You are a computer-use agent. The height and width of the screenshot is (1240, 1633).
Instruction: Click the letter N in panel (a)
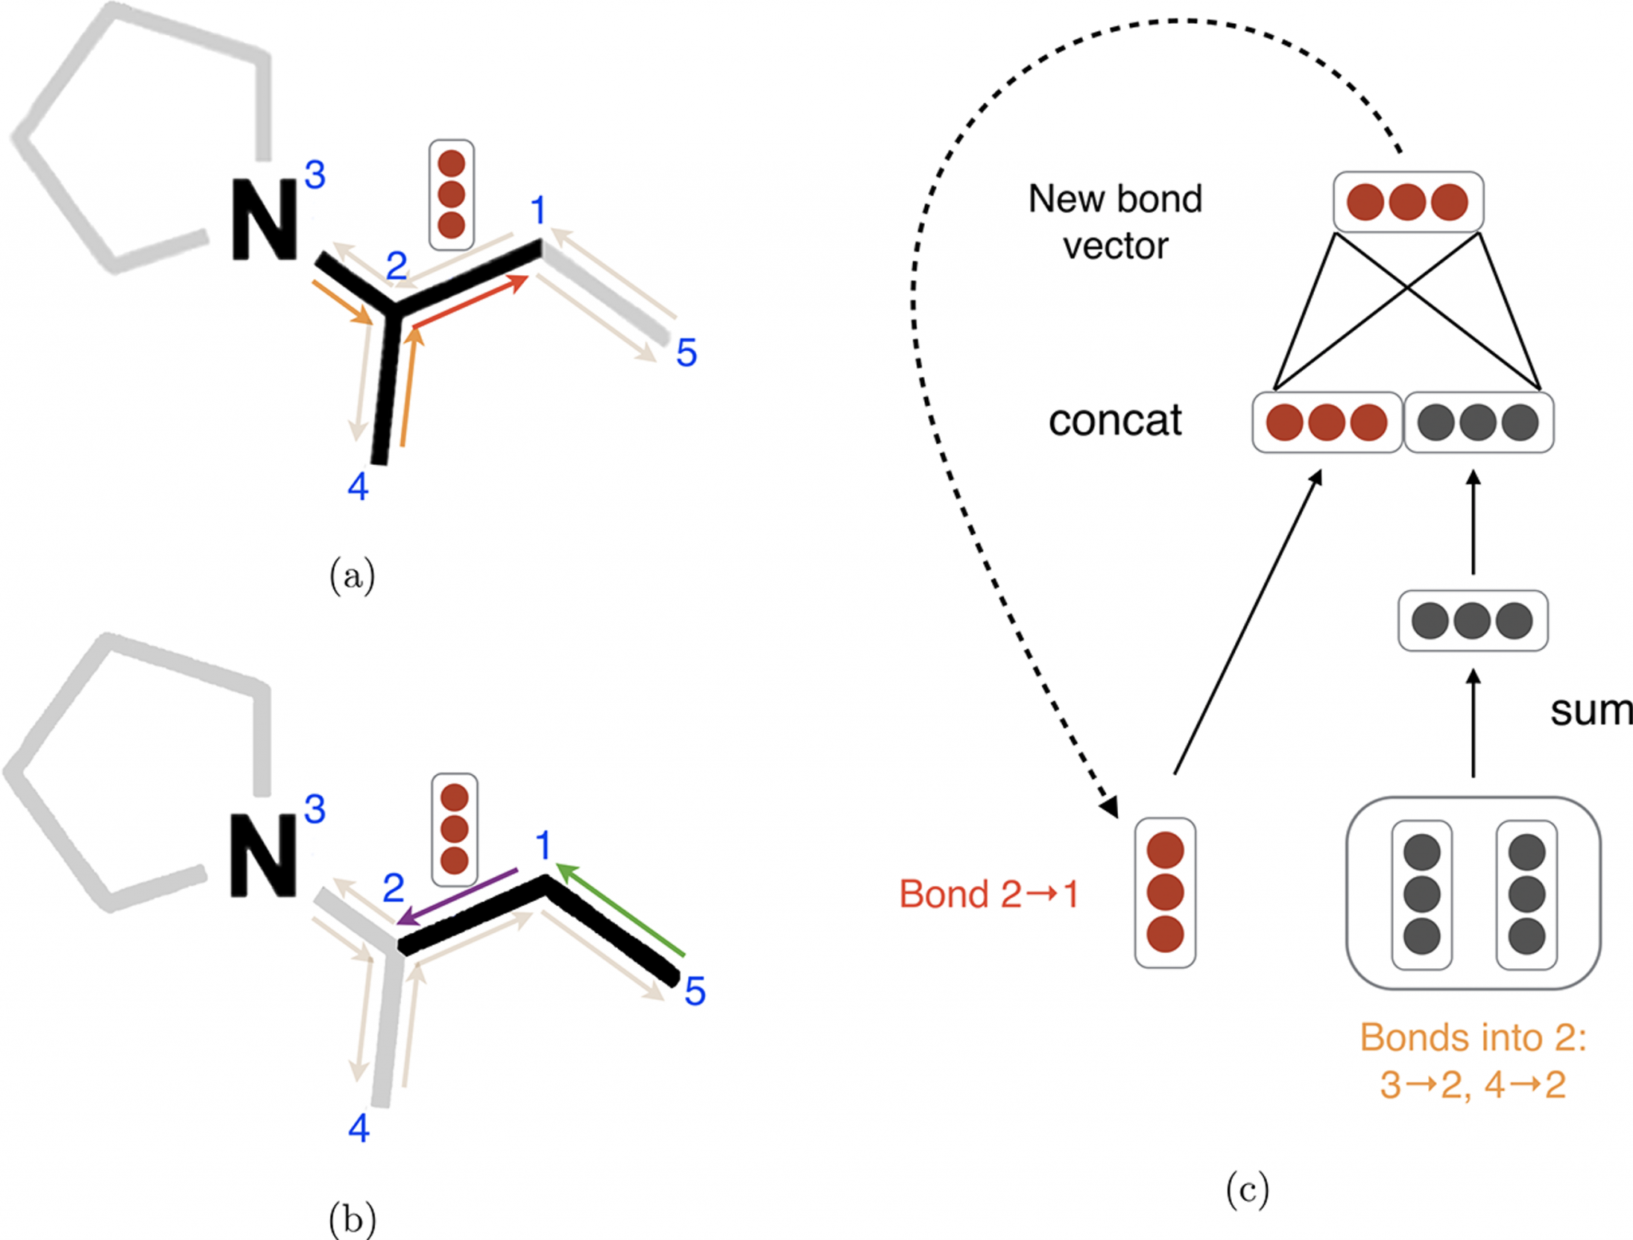(x=264, y=220)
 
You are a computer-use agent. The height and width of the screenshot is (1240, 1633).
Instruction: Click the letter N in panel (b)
(x=262, y=856)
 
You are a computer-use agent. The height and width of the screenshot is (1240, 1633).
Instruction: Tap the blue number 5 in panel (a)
(x=686, y=353)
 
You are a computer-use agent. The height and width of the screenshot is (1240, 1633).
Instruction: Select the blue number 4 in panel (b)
(x=359, y=1128)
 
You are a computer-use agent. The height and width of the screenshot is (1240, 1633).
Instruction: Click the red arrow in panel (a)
(x=470, y=301)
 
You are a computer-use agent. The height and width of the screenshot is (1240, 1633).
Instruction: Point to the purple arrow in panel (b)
(x=458, y=896)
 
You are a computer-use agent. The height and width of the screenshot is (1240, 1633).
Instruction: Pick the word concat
(x=1114, y=420)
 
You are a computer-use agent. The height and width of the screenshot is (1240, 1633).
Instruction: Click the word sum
(x=1589, y=710)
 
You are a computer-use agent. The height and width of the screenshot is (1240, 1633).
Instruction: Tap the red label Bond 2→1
(x=989, y=894)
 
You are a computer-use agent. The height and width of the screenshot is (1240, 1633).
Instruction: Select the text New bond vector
(x=1115, y=222)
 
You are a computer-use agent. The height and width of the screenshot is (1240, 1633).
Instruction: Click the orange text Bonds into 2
(x=1472, y=1037)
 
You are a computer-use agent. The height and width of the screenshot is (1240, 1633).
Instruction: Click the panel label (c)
(x=1246, y=1190)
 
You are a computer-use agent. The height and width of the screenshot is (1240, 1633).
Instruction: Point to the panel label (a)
(x=352, y=575)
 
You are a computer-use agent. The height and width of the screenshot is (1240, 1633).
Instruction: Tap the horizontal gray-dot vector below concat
(x=1472, y=620)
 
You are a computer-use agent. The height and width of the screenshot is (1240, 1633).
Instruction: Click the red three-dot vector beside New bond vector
(x=1407, y=202)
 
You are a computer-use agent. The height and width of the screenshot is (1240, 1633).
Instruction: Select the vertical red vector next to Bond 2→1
(x=1164, y=892)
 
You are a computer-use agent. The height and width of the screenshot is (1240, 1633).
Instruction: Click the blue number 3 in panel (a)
(x=315, y=175)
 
